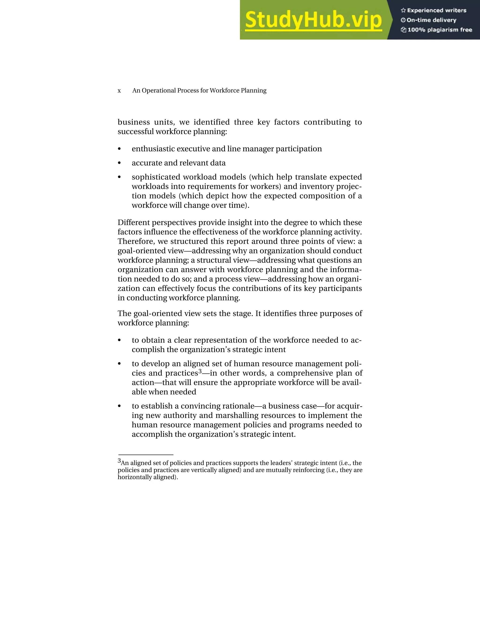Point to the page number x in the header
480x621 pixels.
[x=119, y=91]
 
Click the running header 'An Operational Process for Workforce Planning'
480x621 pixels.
[x=199, y=91]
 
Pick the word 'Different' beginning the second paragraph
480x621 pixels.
[x=133, y=223]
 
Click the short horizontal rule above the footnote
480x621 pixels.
[x=146, y=455]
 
